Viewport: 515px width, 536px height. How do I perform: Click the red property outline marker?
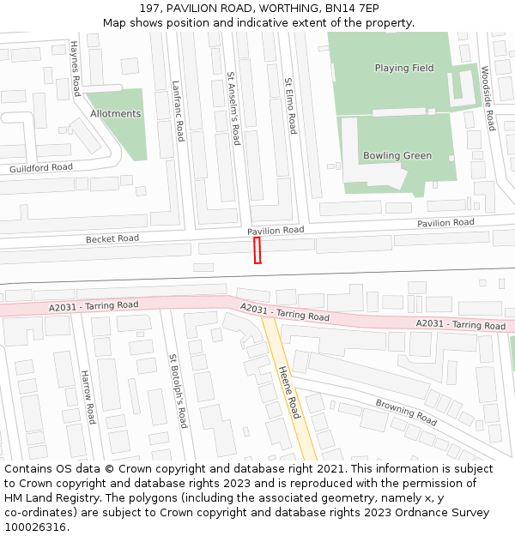pyautogui.click(x=257, y=250)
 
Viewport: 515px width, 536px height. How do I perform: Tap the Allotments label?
pyautogui.click(x=115, y=113)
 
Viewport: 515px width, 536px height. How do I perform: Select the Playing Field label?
pyautogui.click(x=403, y=68)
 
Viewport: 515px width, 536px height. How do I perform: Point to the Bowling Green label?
pyautogui.click(x=397, y=155)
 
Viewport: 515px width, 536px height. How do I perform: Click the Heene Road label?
pyautogui.click(x=288, y=392)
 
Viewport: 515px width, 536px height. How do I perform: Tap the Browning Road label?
pyautogui.click(x=406, y=412)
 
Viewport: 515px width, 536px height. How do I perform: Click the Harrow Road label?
pyautogui.click(x=88, y=397)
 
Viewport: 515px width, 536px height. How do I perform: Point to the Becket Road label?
pyautogui.click(x=112, y=238)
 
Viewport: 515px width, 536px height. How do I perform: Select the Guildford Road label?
pyautogui.click(x=41, y=167)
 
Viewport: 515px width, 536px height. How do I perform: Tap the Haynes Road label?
pyautogui.click(x=76, y=68)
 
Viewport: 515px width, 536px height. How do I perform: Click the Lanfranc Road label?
pyautogui.click(x=178, y=111)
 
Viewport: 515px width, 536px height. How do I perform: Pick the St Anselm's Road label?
pyautogui.click(x=233, y=107)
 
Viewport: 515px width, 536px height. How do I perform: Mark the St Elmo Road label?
pyautogui.click(x=290, y=105)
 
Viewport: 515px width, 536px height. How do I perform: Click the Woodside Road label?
pyautogui.click(x=488, y=98)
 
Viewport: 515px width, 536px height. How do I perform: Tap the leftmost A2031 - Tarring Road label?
pyautogui.click(x=94, y=305)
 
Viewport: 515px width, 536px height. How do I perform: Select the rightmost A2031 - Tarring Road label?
pyautogui.click(x=461, y=324)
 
